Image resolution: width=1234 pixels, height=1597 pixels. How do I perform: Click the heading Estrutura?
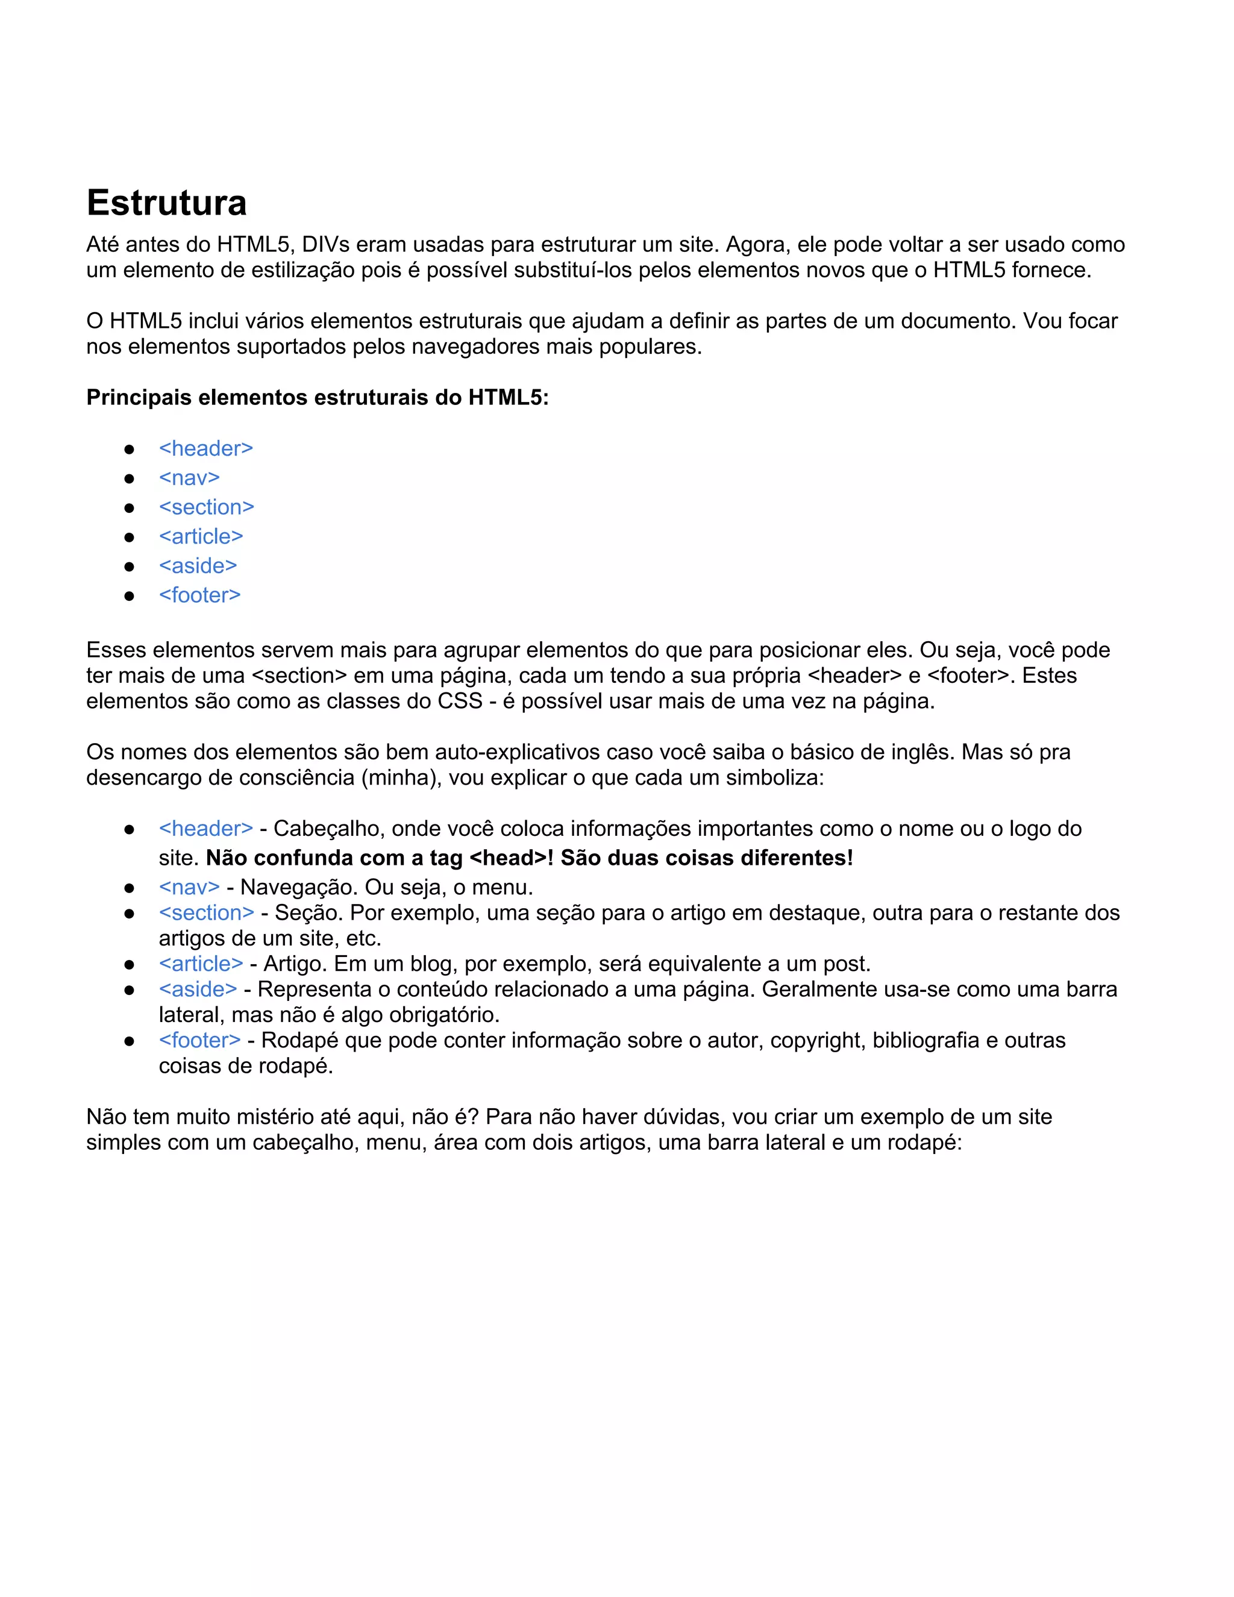pyautogui.click(x=167, y=202)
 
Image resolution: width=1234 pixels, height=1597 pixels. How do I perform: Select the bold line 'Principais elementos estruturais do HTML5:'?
pyautogui.click(x=318, y=397)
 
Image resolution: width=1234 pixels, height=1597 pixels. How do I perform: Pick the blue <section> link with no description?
pyautogui.click(x=206, y=507)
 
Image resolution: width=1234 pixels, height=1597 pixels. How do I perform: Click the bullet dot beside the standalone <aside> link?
pyautogui.click(x=130, y=566)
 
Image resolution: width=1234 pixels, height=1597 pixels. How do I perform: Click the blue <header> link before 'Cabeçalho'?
pyautogui.click(x=205, y=829)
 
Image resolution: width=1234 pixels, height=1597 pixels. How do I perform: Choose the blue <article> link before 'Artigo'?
pyautogui.click(x=200, y=964)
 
